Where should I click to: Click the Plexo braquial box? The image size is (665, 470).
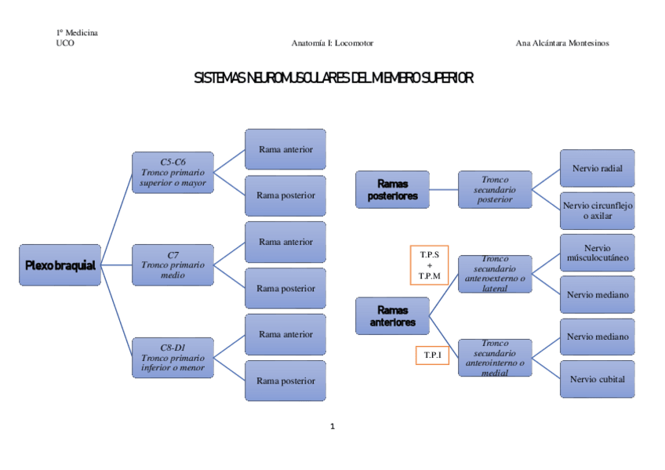click(60, 265)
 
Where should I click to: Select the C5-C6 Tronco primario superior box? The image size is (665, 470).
click(173, 173)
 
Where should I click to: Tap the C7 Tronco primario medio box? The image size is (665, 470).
click(173, 265)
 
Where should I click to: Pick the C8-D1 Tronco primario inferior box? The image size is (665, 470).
click(173, 357)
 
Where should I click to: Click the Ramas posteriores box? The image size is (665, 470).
click(392, 190)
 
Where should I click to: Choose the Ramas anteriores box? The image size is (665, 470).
click(392, 316)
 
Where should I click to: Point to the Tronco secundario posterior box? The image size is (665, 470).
click(495, 190)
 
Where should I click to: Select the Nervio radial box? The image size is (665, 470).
click(598, 169)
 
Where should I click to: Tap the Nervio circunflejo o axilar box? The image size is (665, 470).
click(598, 210)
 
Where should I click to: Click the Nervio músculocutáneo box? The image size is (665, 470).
click(598, 253)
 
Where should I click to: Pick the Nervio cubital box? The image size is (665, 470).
click(598, 379)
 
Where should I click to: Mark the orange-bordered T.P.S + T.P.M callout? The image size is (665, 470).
click(429, 265)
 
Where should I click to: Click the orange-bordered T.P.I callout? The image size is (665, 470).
click(432, 355)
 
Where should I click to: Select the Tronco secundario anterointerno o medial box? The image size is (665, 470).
click(495, 358)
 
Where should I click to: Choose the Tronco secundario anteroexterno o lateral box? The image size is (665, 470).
click(495, 274)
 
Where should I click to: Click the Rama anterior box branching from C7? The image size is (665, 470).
click(285, 242)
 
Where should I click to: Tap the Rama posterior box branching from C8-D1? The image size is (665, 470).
click(285, 381)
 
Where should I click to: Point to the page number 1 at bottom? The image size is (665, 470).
click(332, 427)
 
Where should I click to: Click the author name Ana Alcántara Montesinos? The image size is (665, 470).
click(562, 43)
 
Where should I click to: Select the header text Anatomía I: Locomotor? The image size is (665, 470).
click(332, 43)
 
